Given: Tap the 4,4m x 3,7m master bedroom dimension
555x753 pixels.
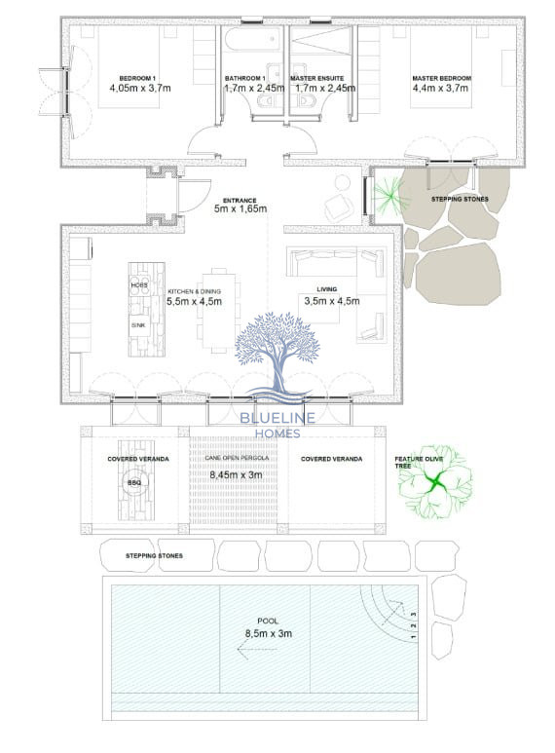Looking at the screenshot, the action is pyautogui.click(x=440, y=88).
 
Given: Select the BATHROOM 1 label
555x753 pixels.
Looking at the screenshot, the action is pyautogui.click(x=244, y=78).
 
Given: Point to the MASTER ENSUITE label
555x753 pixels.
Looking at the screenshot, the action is pyautogui.click(x=316, y=78).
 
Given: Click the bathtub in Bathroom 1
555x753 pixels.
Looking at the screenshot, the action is pyautogui.click(x=252, y=38).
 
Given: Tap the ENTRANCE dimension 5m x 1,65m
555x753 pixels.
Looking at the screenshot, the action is pyautogui.click(x=240, y=208).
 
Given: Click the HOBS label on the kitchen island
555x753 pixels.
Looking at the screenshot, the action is pyautogui.click(x=139, y=285).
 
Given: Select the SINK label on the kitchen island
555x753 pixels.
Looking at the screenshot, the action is pyautogui.click(x=138, y=325).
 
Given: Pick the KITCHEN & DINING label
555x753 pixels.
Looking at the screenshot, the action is pyautogui.click(x=194, y=291).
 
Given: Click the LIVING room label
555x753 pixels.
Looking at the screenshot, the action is pyautogui.click(x=326, y=289).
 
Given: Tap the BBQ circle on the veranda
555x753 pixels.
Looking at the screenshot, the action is pyautogui.click(x=134, y=482).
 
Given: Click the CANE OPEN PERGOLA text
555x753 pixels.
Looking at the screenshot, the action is pyautogui.click(x=237, y=458).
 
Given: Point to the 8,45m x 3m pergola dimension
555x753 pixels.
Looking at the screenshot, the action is pyautogui.click(x=237, y=475).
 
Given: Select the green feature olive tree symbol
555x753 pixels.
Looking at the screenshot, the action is pyautogui.click(x=435, y=481).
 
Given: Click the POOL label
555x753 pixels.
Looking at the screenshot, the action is pyautogui.click(x=268, y=621).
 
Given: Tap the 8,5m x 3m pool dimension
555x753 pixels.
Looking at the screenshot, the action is pyautogui.click(x=269, y=633).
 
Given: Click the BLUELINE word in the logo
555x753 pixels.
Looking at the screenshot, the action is pyautogui.click(x=277, y=418).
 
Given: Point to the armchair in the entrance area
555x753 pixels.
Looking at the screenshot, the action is pyautogui.click(x=340, y=206).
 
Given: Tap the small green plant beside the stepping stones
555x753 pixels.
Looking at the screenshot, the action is pyautogui.click(x=390, y=195).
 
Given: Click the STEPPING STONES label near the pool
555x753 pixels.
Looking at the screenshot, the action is pyautogui.click(x=154, y=555).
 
